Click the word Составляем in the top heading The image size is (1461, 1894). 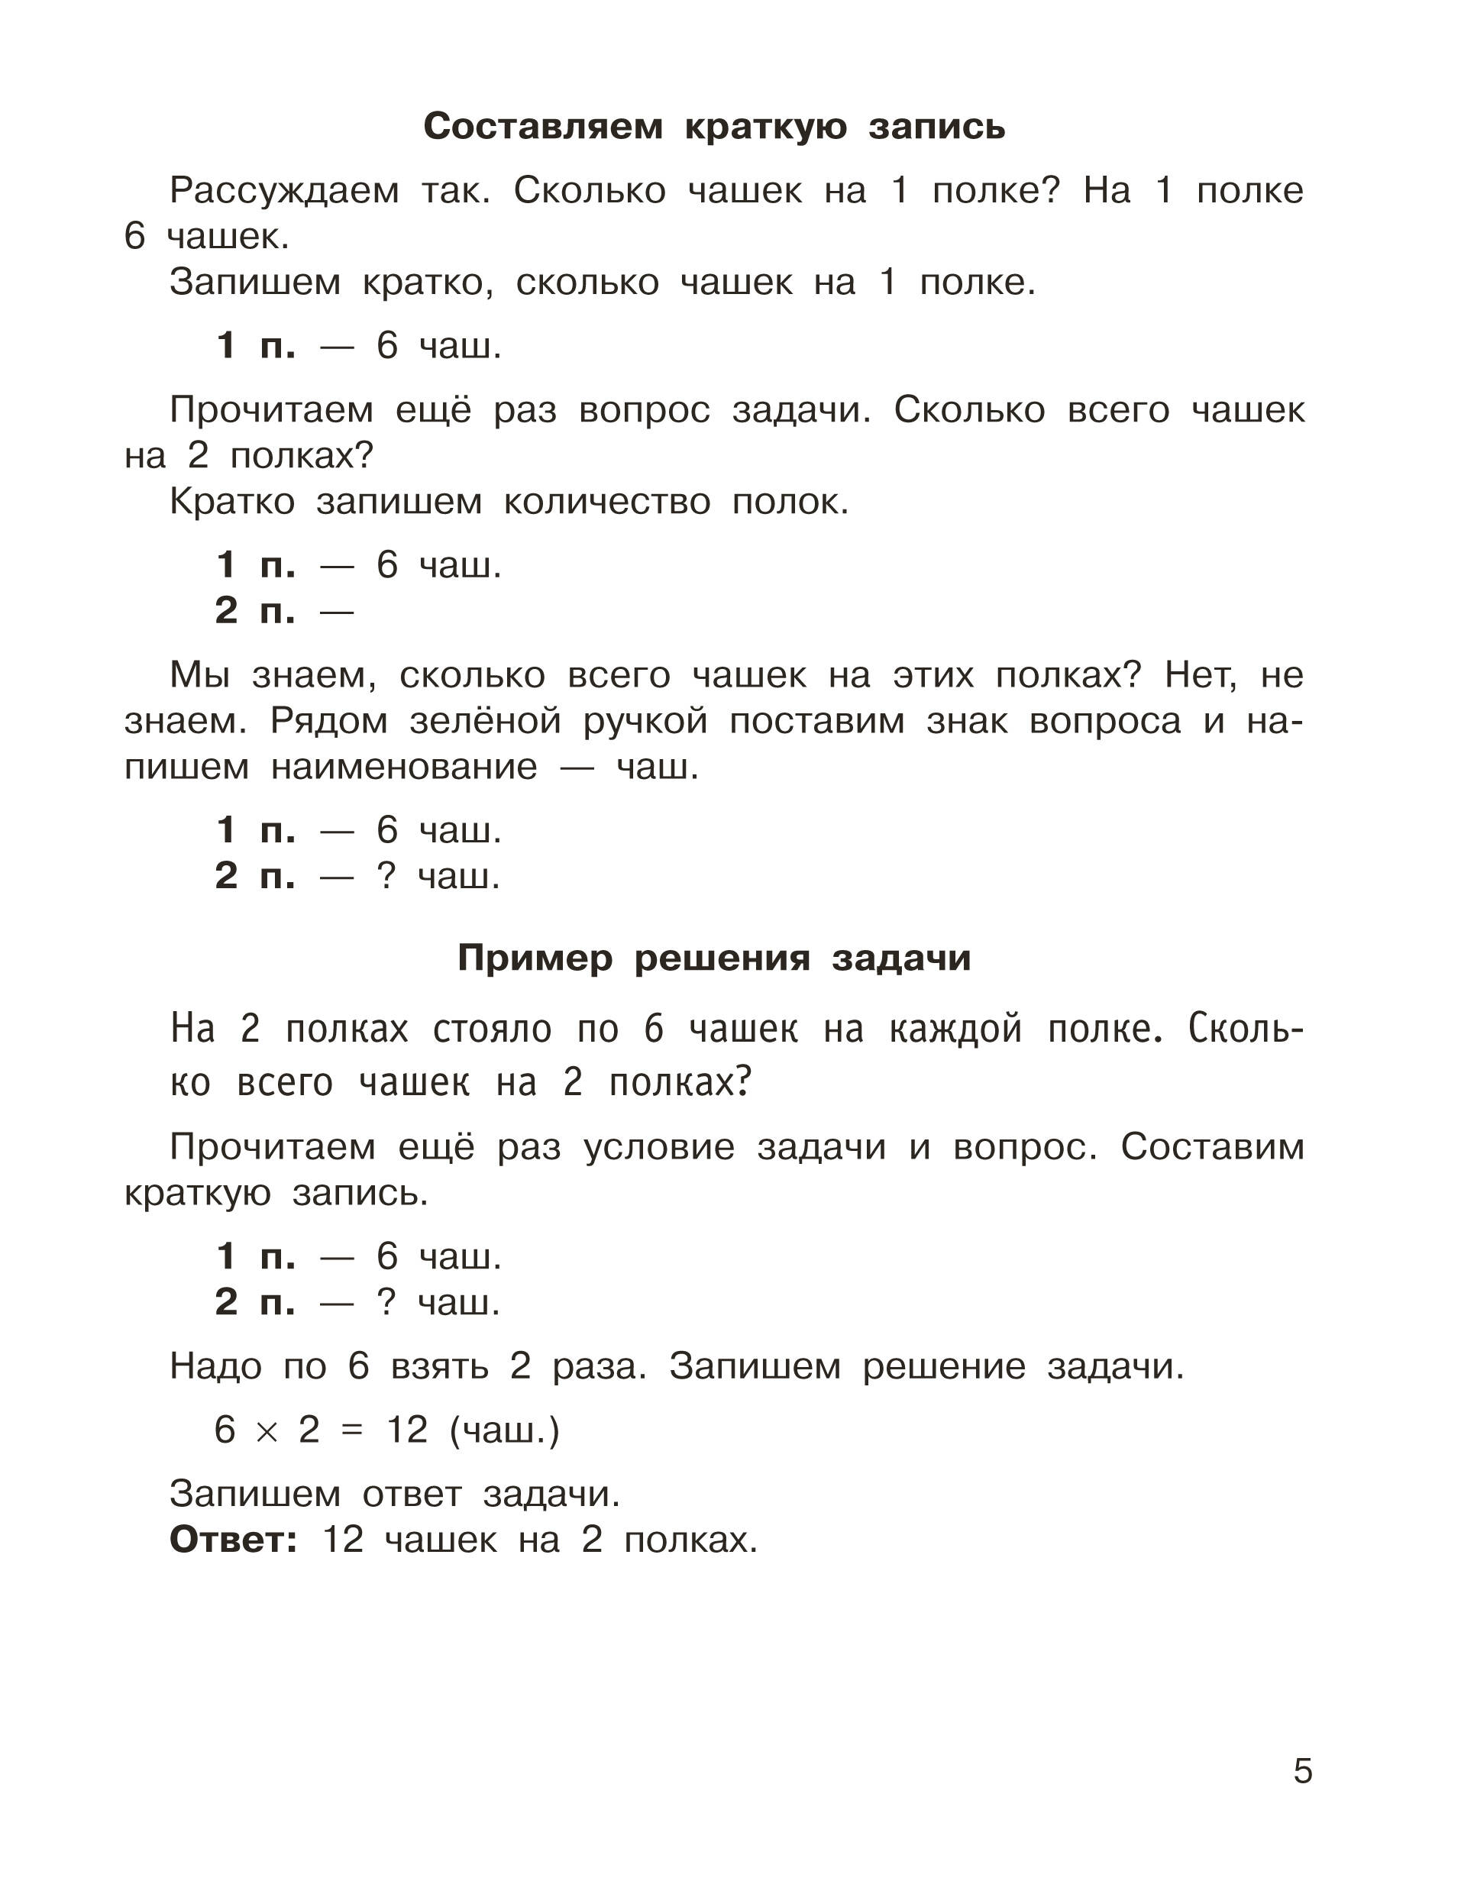click(543, 127)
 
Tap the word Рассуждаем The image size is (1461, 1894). click(284, 191)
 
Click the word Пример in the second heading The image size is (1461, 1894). click(535, 958)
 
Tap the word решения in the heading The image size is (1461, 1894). click(722, 958)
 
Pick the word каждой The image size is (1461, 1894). click(955, 1029)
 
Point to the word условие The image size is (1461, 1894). click(659, 1147)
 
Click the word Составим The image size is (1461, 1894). click(1212, 1147)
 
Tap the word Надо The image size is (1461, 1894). click(216, 1367)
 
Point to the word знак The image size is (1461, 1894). click(967, 722)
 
